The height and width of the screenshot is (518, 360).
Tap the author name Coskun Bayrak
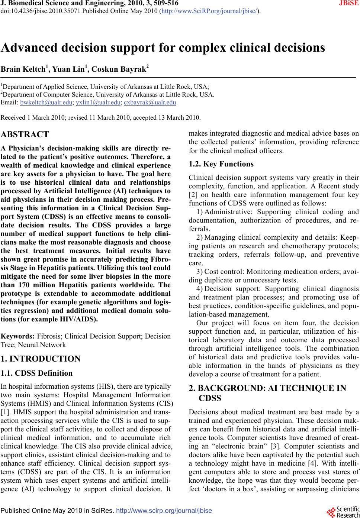[119, 69]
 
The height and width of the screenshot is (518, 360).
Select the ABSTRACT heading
[25, 135]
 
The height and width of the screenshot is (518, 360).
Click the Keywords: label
[18, 336]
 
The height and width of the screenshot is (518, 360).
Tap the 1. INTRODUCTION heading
[41, 359]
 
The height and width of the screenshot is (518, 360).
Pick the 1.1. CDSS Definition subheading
[37, 373]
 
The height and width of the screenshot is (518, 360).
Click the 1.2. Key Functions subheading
[221, 164]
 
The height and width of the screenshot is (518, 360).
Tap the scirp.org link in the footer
[164, 511]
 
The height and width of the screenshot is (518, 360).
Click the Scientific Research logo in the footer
[345, 511]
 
